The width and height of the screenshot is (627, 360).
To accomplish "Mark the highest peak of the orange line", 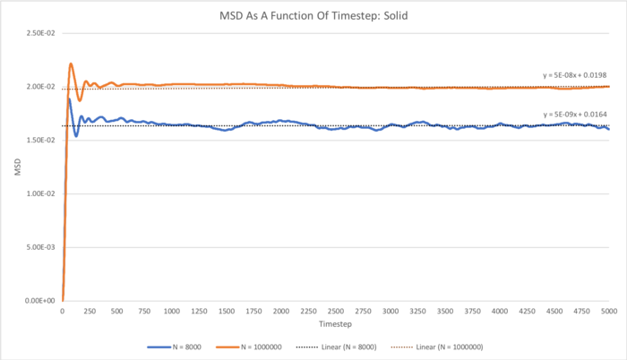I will [x=71, y=64].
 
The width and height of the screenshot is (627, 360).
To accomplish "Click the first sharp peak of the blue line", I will [x=69, y=99].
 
